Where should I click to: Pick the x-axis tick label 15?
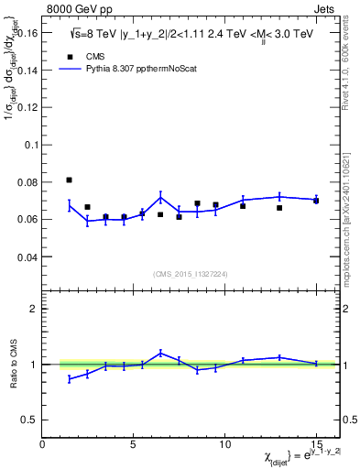pos(316,443)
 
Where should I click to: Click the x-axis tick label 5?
pos(134,443)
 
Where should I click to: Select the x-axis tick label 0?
pos(42,443)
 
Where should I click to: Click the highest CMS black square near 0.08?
pos(70,180)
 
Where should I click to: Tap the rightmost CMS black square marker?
pos(316,201)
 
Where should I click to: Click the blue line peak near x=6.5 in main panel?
pos(160,197)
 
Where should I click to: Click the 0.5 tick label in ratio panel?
pos(30,420)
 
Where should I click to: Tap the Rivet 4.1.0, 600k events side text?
pos(350,60)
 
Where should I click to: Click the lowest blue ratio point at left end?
pos(70,378)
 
